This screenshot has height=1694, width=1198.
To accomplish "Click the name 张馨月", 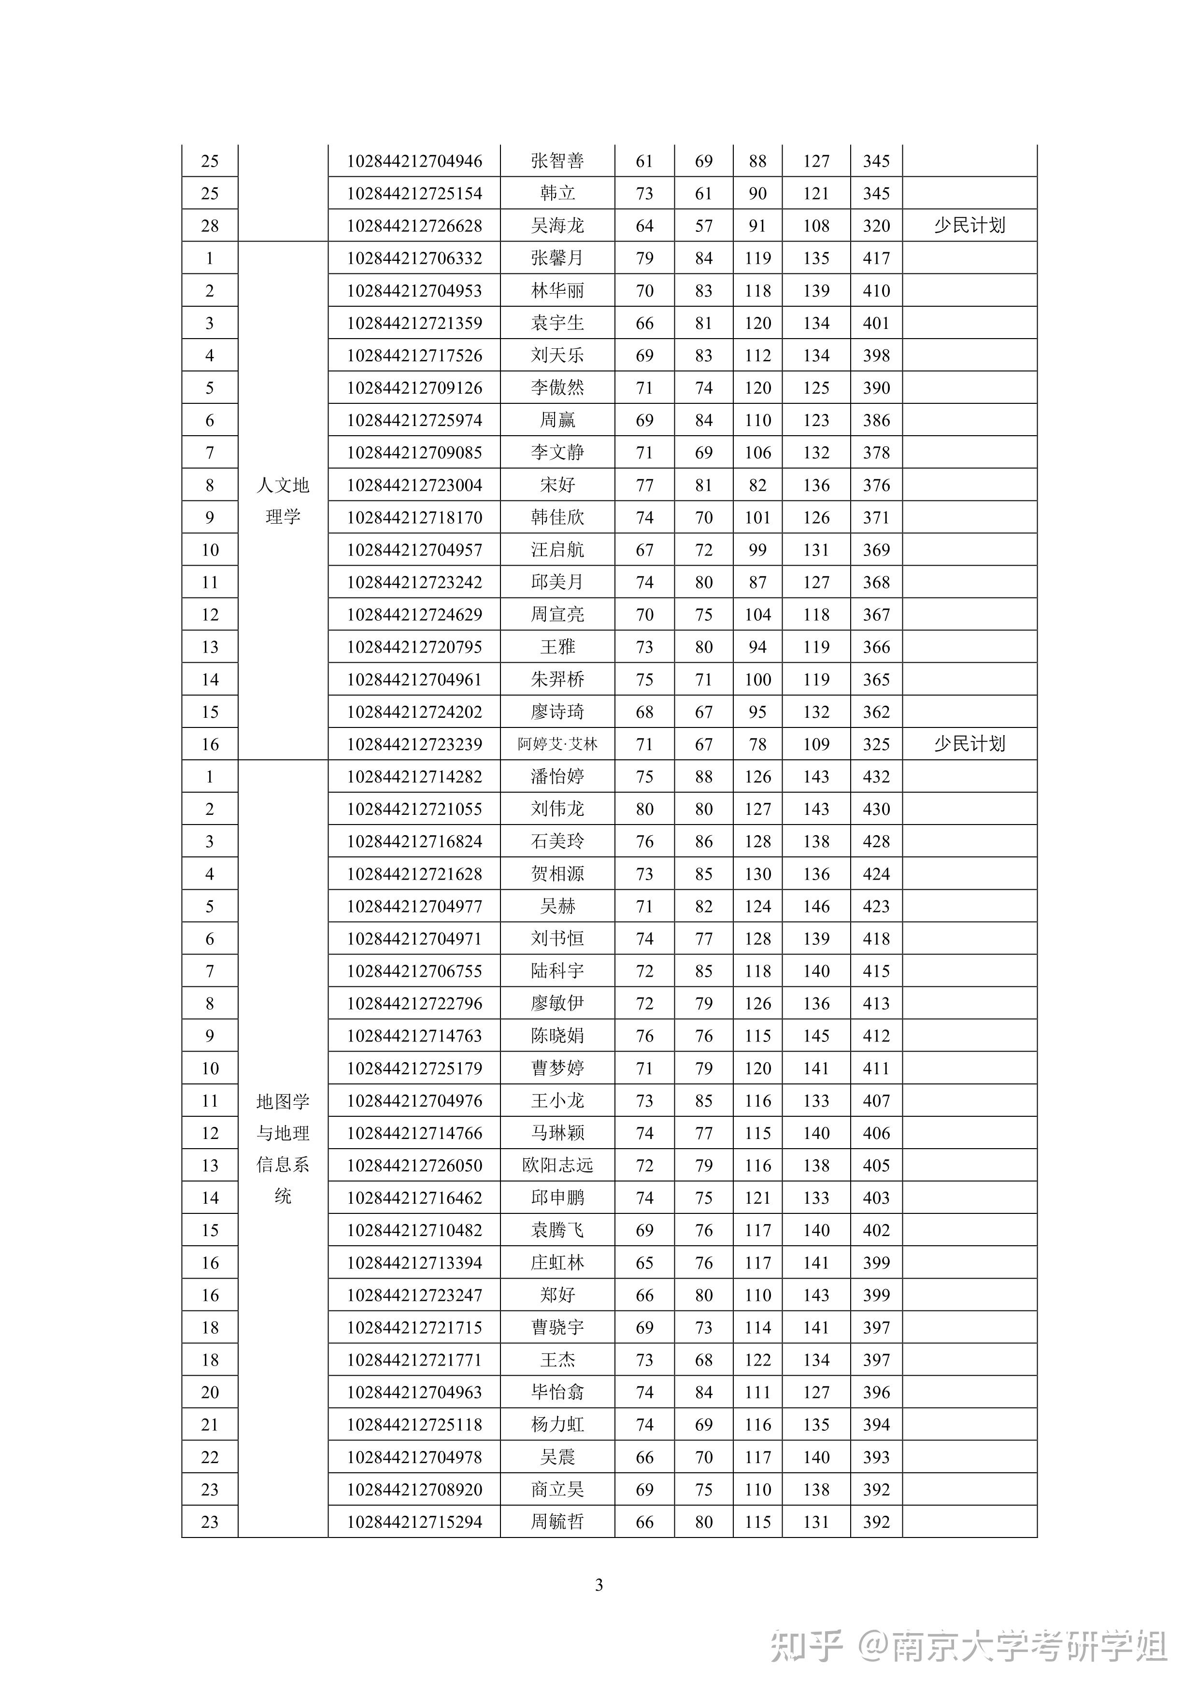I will tap(557, 258).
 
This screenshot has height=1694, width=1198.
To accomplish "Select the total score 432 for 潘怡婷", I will tap(876, 777).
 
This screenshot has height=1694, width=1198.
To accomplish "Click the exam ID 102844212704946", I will tap(414, 161).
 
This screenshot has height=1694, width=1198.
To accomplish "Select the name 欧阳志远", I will tap(557, 1166).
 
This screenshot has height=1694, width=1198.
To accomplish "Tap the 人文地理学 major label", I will tap(283, 501).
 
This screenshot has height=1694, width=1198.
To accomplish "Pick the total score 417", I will tap(876, 258).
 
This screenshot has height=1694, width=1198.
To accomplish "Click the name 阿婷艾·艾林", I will tap(557, 744).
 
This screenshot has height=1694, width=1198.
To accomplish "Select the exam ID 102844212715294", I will tap(414, 1522).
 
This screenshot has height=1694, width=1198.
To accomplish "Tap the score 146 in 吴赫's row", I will tap(816, 906).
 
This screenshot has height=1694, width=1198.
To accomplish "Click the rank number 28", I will tap(210, 226).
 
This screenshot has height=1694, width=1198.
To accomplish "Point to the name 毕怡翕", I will tap(557, 1392).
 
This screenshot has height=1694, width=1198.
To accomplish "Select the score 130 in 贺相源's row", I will tap(757, 874).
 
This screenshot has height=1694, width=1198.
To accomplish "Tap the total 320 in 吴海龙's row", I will tap(876, 226).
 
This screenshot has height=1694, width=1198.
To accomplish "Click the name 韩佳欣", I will tap(557, 517).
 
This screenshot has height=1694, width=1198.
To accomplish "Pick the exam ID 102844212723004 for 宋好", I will tap(414, 485).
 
